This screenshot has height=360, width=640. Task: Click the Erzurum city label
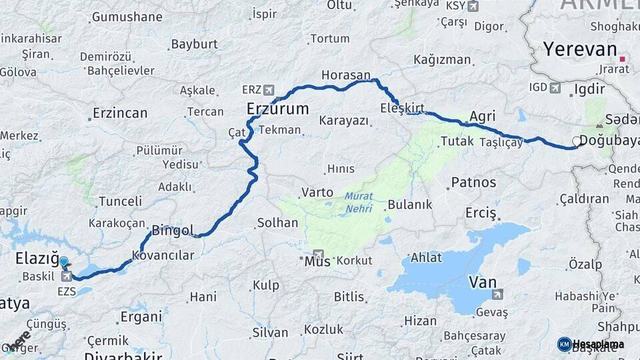point(277,109)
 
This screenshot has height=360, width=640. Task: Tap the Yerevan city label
point(579,49)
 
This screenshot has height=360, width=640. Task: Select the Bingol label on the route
point(173,231)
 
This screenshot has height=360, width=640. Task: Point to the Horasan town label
point(345,75)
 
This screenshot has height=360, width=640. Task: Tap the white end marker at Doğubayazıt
point(577,141)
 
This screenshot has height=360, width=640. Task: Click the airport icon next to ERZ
point(269,89)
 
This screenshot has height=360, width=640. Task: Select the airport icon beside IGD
point(555,87)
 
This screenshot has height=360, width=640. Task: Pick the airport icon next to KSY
point(473,6)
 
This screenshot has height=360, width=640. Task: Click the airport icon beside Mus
point(318,255)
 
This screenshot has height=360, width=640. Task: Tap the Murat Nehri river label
point(359,203)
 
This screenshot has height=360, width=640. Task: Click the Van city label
point(483,282)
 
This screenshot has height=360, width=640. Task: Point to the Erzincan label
point(119,113)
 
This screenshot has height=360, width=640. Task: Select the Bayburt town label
point(194,44)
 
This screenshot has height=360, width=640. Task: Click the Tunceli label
point(120,201)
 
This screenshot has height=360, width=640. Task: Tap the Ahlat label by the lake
point(426,258)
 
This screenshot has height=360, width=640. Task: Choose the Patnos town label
point(473,182)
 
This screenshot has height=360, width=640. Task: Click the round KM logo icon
point(564,344)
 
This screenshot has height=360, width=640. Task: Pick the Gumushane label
point(127,17)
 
